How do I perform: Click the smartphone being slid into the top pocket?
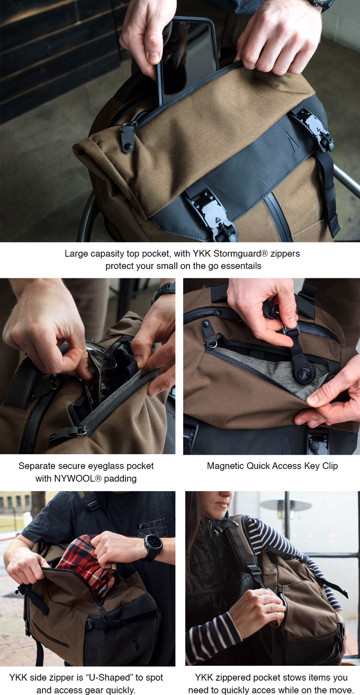coord(186,59)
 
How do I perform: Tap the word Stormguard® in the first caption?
coord(240,254)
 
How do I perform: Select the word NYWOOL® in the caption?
coord(78,478)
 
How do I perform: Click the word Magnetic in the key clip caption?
coord(226,466)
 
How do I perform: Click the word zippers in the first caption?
coord(285,254)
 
